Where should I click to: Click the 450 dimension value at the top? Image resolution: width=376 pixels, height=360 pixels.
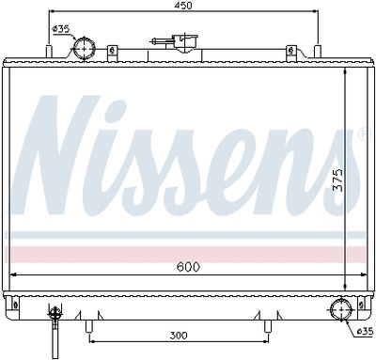196,6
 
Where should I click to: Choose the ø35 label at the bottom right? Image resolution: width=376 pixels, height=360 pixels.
363,331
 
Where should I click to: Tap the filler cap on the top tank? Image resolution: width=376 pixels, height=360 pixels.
175,42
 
